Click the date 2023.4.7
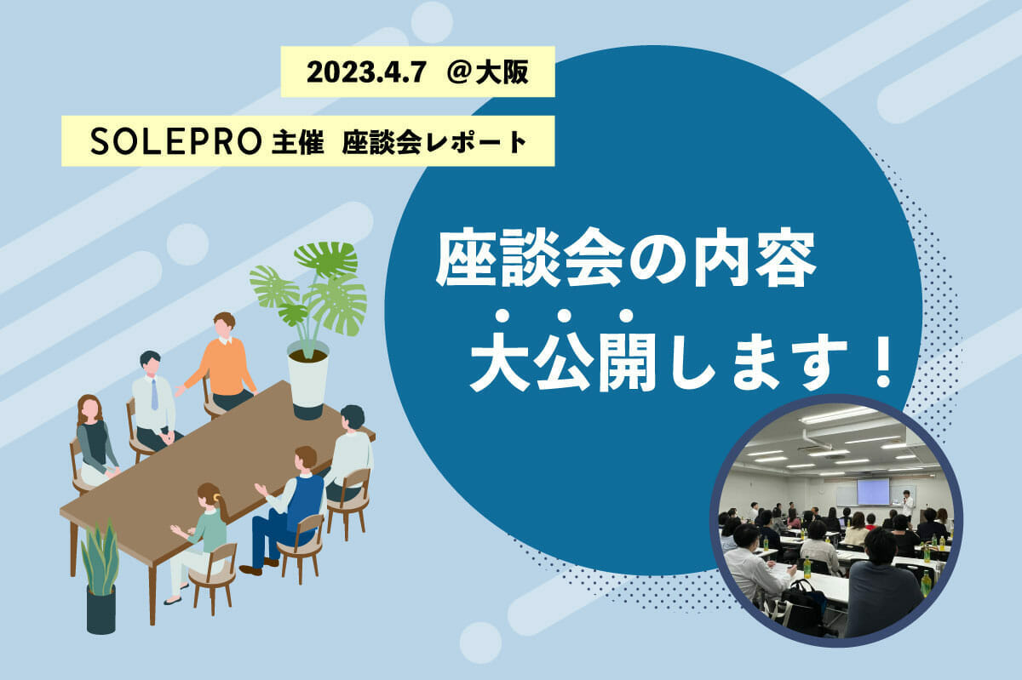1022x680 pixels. tap(366, 72)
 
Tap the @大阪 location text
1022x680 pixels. tap(487, 72)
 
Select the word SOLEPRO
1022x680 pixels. tap(175, 141)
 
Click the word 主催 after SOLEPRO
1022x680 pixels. tap(297, 141)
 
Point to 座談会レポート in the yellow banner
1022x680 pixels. tap(435, 141)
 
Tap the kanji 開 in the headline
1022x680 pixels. tap(627, 363)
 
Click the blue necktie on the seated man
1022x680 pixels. tap(155, 394)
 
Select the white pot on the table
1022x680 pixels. tap(308, 378)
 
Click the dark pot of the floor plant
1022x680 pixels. tap(100, 609)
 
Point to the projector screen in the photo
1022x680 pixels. tap(873, 491)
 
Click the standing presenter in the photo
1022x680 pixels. tap(906, 505)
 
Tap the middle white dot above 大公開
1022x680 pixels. tap(564, 316)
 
